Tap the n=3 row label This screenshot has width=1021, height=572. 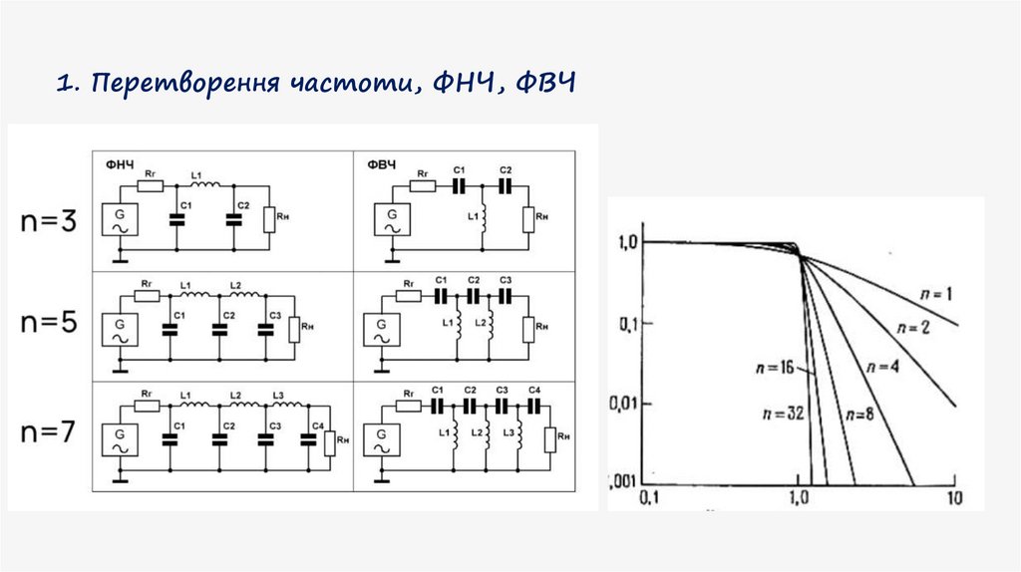(48, 221)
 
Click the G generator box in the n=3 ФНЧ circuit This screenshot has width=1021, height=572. (119, 219)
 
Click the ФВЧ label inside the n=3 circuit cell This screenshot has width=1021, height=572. (379, 165)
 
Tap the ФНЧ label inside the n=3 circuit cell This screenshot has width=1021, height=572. (118, 165)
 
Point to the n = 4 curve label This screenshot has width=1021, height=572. (882, 366)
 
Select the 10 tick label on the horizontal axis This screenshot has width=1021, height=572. (953, 497)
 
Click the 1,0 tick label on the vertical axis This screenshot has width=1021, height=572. (626, 241)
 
